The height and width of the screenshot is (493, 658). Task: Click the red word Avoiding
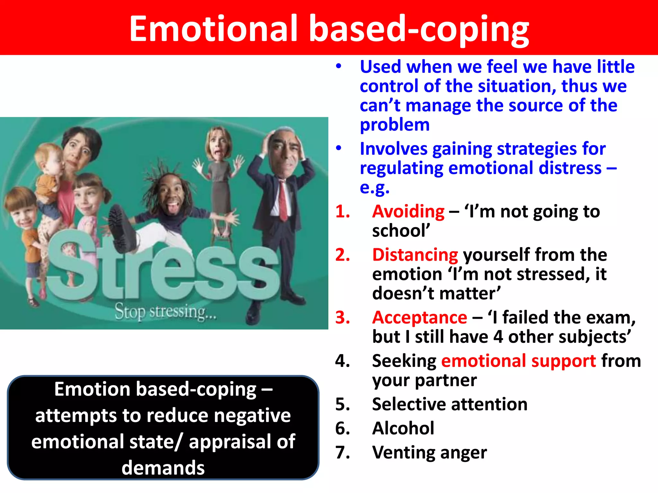[x=408, y=212]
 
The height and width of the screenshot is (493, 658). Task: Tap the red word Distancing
[x=415, y=255]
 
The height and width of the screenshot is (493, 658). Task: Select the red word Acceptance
[x=419, y=318]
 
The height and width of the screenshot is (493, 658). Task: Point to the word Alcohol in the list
[x=403, y=428]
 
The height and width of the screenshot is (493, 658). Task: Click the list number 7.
[x=342, y=453]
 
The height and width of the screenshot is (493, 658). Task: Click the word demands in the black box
[x=163, y=468]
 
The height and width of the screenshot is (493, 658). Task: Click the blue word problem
[x=395, y=125]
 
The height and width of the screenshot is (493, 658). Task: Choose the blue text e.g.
[x=374, y=188]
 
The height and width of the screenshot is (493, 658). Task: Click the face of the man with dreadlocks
[x=170, y=196]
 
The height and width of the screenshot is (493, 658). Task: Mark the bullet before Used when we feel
[x=338, y=66]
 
